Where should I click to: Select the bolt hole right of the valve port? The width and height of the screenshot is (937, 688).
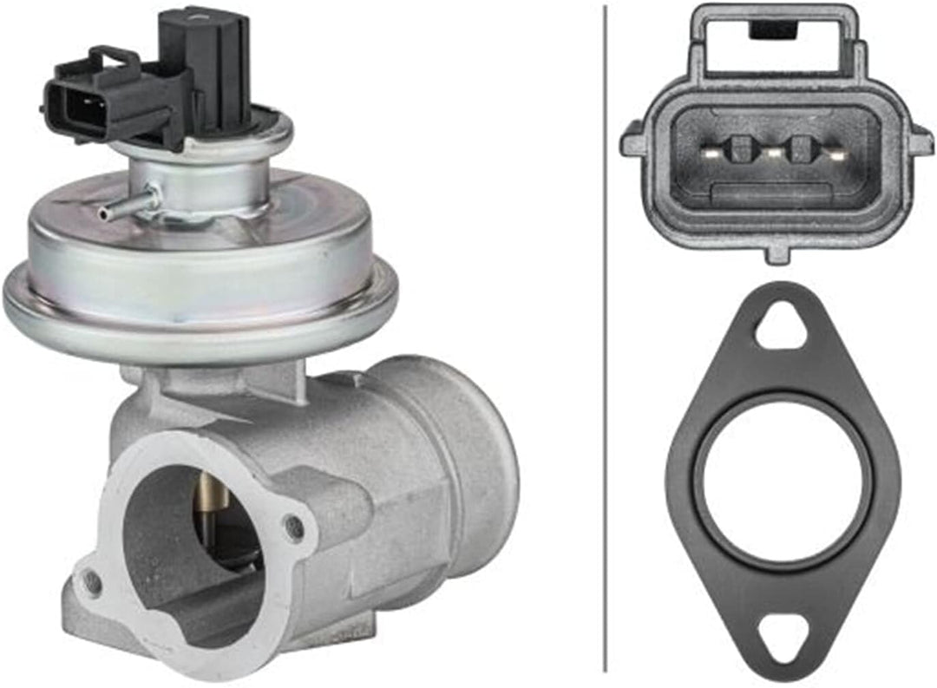point(295,526)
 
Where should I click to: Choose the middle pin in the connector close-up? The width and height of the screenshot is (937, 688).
point(773,154)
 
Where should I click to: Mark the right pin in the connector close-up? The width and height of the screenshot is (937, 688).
point(835,154)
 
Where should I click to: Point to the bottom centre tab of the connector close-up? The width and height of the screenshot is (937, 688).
point(776,252)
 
